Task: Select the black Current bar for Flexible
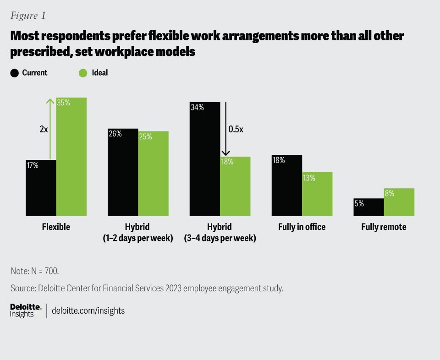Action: (41, 188)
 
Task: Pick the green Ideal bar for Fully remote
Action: (399, 202)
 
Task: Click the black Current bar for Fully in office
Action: (286, 185)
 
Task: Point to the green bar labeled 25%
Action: (153, 173)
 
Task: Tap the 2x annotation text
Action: (44, 130)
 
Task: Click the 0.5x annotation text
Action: (236, 129)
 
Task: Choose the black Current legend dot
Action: (15, 73)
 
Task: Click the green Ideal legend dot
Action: (82, 73)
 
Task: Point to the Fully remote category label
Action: (384, 227)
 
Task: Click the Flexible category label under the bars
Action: (56, 227)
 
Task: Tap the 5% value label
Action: (359, 204)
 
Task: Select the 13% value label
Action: (308, 178)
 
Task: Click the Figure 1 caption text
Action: (28, 15)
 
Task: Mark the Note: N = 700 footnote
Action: (34, 271)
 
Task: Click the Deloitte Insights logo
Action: (26, 311)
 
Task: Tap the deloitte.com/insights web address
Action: (89, 311)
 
